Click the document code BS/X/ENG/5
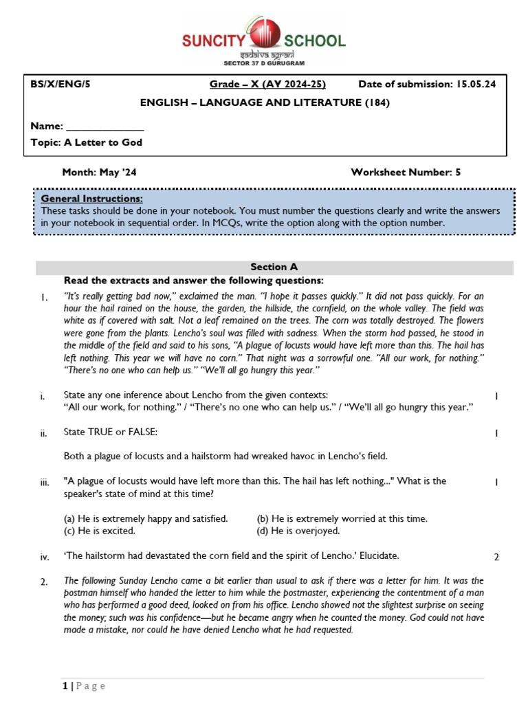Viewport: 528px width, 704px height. pyautogui.click(x=60, y=85)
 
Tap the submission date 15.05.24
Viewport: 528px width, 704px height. pyautogui.click(x=474, y=85)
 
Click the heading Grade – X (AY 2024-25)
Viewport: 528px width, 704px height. pyautogui.click(x=267, y=85)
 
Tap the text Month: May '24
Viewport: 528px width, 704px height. pyautogui.click(x=99, y=173)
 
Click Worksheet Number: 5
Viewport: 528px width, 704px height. pyautogui.click(x=406, y=173)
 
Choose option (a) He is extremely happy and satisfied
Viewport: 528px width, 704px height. pyautogui.click(x=146, y=518)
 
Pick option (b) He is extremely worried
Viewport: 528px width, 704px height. pyautogui.click(x=342, y=518)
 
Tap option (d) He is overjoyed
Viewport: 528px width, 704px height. pyautogui.click(x=298, y=531)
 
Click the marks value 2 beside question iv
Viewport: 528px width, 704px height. pyautogui.click(x=496, y=557)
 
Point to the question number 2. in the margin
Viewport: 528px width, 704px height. pyautogui.click(x=44, y=582)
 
